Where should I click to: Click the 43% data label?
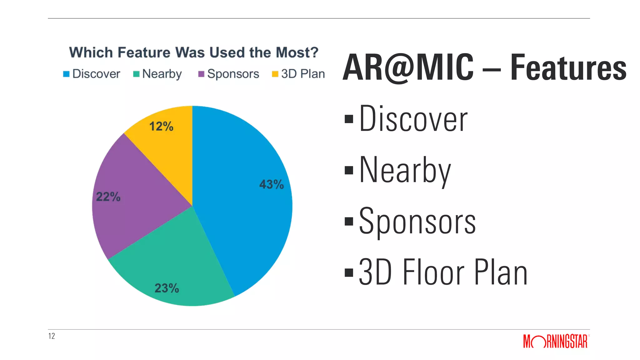271,184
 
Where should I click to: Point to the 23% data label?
167,288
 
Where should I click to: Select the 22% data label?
108,197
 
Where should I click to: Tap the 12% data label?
161,127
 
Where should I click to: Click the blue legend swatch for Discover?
66,74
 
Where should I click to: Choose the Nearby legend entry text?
162,74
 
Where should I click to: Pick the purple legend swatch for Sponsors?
202,74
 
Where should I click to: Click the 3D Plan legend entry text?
303,74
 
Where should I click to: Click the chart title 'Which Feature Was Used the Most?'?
194,52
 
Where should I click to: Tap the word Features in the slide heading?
568,67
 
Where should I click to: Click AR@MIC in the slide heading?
408,67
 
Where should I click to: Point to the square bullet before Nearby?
349,170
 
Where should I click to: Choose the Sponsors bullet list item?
417,221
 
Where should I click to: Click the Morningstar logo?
555,341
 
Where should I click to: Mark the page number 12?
52,336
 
